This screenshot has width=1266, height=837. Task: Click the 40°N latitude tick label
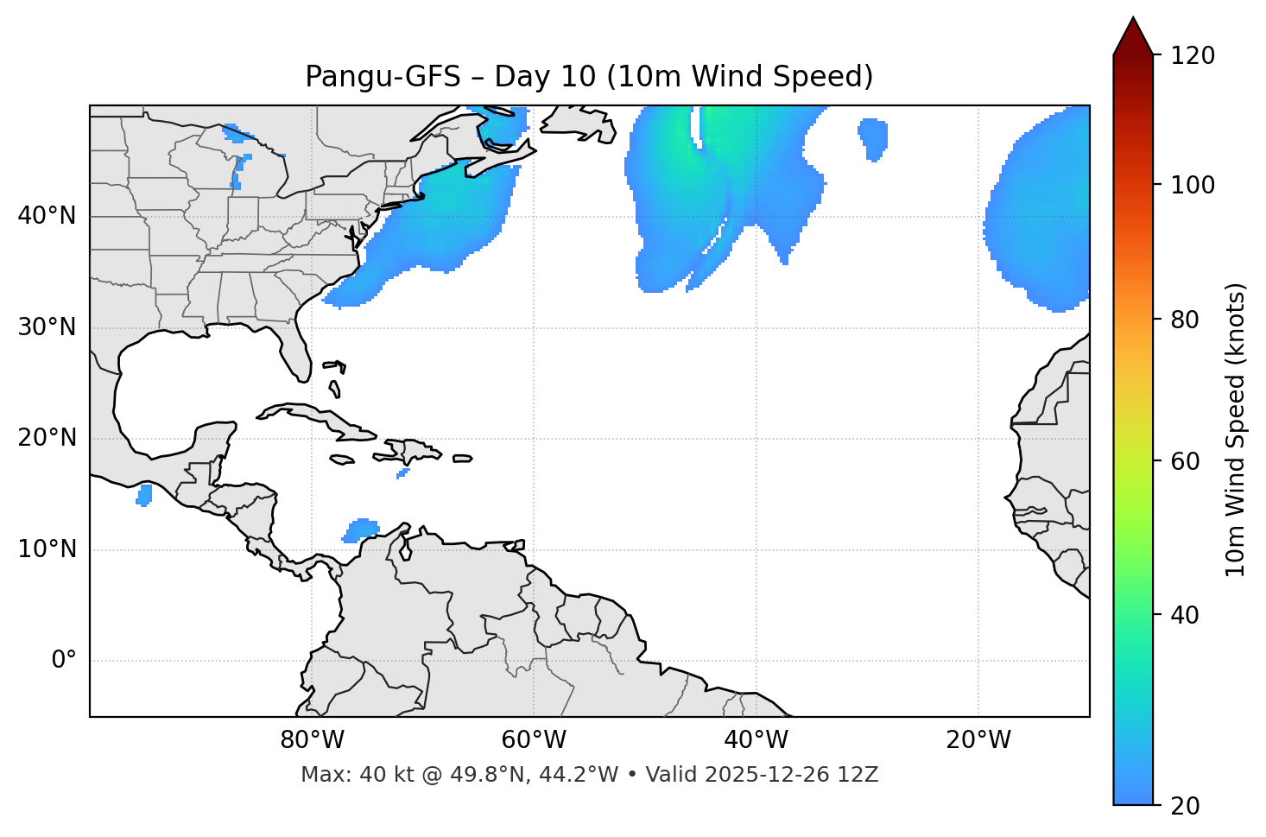point(47,216)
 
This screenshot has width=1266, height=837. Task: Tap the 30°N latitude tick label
point(47,327)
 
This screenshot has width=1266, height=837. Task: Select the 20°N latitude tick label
point(47,438)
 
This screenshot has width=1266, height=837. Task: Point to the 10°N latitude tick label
point(47,549)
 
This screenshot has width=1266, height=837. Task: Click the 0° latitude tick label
point(64,661)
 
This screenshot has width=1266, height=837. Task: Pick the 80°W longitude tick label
point(312,740)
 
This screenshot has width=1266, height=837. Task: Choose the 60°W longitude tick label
point(534,740)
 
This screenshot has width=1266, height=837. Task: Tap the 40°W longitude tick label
point(756,740)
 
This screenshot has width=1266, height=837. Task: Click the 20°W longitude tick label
point(978,740)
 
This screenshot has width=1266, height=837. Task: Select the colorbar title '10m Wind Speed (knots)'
point(1236,429)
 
